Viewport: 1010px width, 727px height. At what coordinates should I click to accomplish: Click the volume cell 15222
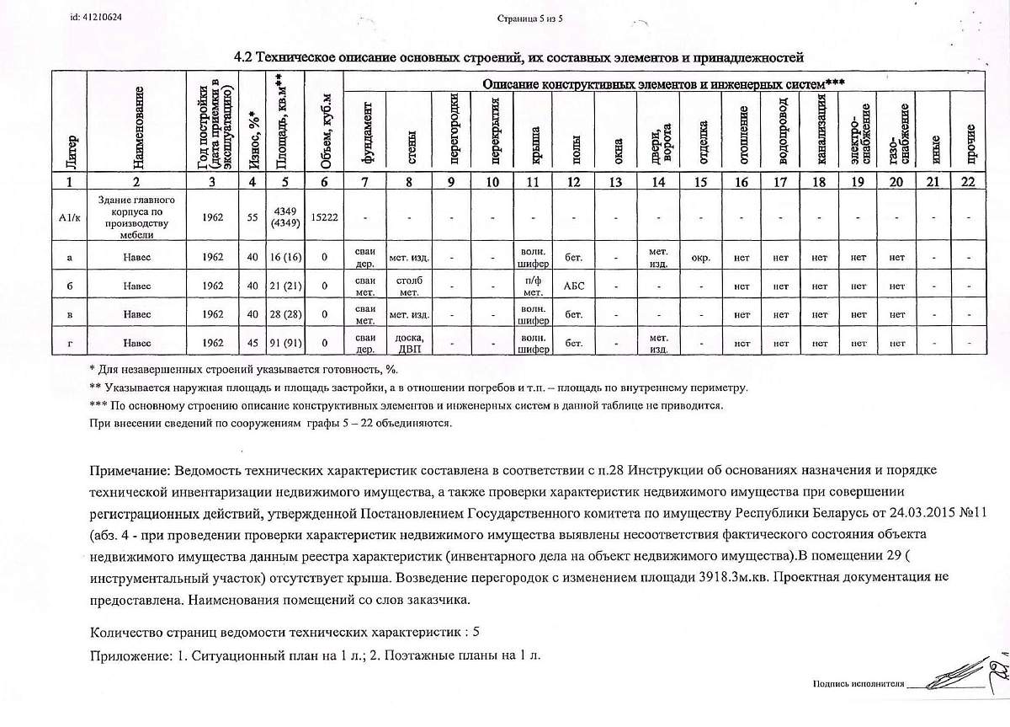coord(324,216)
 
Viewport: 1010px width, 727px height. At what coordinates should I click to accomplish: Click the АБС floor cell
coord(574,286)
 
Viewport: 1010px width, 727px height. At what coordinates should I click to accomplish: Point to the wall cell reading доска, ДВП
coord(409,344)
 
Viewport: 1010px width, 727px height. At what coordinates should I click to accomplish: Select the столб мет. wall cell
coord(409,286)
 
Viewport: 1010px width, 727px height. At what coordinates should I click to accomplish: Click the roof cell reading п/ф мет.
coord(533,286)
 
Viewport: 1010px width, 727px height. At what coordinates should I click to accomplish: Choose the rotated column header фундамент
coord(366,133)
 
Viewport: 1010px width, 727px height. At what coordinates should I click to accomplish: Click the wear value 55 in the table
coord(251,216)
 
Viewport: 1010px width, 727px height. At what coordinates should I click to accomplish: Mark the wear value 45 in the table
coord(251,344)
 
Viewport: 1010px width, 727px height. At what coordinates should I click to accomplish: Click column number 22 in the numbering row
coord(971,182)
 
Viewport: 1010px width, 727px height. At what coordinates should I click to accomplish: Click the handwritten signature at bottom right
coord(959,679)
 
